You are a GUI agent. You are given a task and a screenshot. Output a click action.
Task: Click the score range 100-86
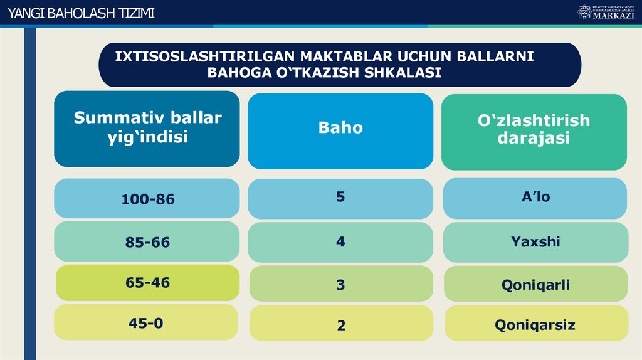tap(147, 199)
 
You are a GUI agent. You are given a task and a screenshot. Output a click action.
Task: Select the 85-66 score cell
tap(147, 242)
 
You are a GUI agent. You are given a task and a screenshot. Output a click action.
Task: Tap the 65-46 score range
tap(147, 283)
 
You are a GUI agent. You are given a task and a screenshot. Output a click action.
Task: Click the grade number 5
tap(340, 197)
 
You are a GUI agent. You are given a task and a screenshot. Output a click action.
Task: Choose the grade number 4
tap(340, 241)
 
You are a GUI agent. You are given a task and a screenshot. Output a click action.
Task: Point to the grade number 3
tap(340, 285)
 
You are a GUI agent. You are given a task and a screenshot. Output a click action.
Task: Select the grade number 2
tap(341, 326)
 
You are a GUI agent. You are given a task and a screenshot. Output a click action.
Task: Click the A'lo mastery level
tap(535, 197)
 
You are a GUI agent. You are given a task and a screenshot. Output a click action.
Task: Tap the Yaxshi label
tap(535, 241)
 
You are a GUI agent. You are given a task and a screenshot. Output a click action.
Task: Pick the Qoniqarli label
tap(535, 285)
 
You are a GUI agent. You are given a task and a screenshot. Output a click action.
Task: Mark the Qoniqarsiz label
tap(535, 325)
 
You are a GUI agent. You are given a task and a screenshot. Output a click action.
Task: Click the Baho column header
tap(340, 128)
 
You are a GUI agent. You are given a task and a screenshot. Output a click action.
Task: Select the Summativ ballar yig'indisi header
tap(147, 127)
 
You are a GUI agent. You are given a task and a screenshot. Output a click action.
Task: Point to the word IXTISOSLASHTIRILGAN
tap(205, 56)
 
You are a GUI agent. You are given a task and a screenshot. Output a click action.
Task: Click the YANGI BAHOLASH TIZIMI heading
tap(79, 14)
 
